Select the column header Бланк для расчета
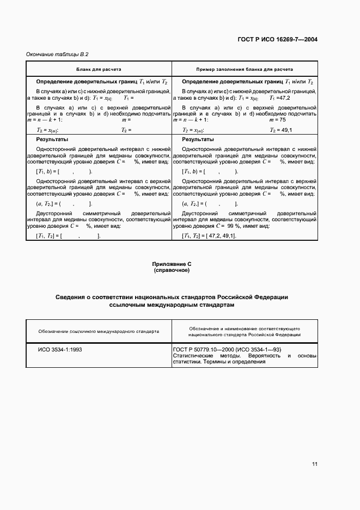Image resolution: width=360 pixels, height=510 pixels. click(x=99, y=70)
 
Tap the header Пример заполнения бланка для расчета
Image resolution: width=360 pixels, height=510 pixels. click(x=245, y=70)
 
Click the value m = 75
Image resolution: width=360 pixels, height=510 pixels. click(x=278, y=119)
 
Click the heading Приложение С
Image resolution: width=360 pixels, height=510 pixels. click(x=172, y=264)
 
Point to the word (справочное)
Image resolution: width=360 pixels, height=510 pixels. click(x=172, y=270)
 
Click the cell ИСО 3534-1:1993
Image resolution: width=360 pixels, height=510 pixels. click(x=60, y=349)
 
